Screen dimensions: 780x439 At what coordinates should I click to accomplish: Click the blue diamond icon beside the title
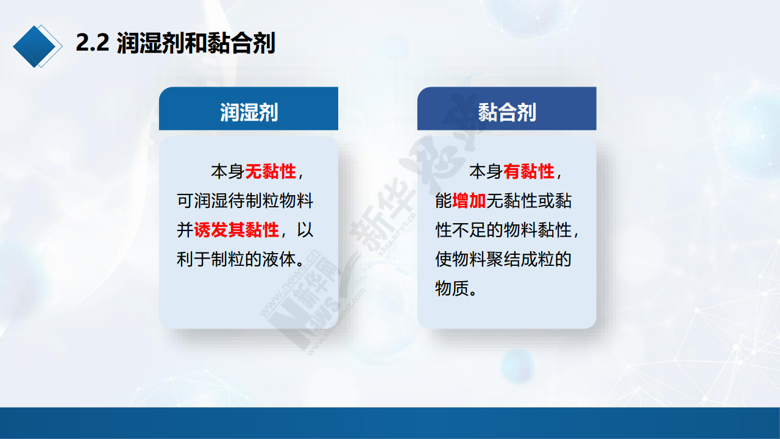[x=37, y=46]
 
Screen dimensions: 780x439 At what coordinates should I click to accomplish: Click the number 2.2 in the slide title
[x=92, y=43]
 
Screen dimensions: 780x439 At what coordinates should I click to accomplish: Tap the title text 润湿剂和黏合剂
[x=196, y=43]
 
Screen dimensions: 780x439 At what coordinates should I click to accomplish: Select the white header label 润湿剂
[x=249, y=112]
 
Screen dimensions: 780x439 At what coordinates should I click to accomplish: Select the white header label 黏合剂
[x=506, y=112]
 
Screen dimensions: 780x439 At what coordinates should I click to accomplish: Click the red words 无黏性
[x=271, y=171]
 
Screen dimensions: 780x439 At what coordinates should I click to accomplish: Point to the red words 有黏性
[x=529, y=171]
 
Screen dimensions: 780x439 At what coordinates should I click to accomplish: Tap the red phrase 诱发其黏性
[x=236, y=230]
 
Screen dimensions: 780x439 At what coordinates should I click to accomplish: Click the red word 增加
[x=469, y=201]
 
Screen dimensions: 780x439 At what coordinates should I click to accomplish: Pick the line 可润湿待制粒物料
[x=245, y=201]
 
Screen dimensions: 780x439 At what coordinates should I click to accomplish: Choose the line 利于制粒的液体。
[x=241, y=259]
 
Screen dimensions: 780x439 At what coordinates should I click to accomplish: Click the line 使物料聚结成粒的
[x=503, y=259]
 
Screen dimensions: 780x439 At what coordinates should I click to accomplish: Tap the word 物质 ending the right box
[x=452, y=288]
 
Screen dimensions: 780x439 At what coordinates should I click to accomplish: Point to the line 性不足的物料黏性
[x=503, y=230]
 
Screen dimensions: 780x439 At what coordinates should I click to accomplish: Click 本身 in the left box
[x=228, y=171]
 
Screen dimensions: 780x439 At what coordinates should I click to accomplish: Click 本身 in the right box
[x=486, y=171]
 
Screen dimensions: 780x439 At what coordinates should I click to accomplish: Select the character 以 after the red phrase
[x=305, y=230]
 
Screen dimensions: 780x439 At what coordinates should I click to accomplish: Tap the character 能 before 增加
[x=443, y=201]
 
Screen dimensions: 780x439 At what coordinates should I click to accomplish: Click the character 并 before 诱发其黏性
[x=185, y=230]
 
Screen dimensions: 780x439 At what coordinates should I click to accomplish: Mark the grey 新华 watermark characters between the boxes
[x=381, y=213]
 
